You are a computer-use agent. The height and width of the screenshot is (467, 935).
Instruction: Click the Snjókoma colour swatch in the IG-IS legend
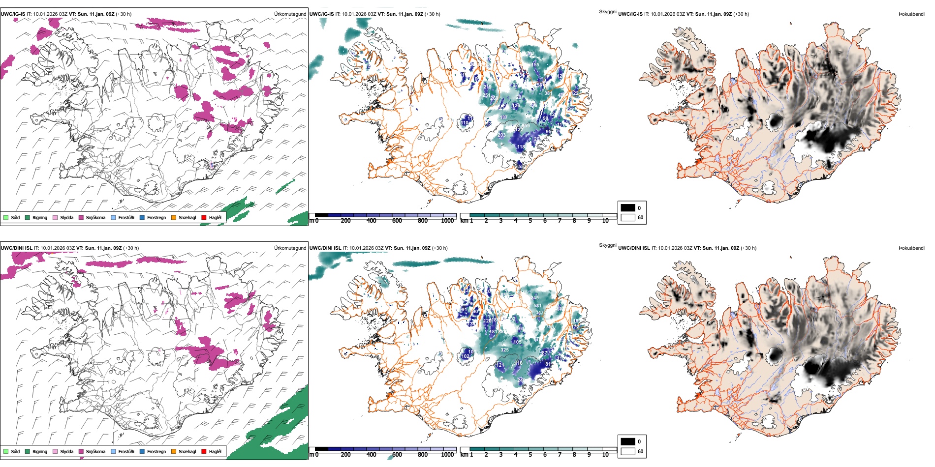pos(81,217)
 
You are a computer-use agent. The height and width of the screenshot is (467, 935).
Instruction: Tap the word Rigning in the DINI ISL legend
pos(40,451)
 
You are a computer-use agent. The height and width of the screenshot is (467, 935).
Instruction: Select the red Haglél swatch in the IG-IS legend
pos(204,217)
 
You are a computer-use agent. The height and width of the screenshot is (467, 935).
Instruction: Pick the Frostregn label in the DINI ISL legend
pos(156,451)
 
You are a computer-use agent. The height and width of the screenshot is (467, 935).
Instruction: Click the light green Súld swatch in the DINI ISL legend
pos(6,451)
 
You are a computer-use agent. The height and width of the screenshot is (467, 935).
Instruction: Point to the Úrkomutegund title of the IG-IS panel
pos(290,14)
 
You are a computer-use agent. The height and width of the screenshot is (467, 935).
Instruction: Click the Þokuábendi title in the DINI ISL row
pos(911,248)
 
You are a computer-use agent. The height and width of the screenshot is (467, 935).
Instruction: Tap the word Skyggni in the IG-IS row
pos(607,11)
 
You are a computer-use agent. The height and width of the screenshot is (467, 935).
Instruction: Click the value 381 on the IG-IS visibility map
pos(548,93)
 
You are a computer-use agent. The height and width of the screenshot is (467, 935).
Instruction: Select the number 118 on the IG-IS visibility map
pos(521,146)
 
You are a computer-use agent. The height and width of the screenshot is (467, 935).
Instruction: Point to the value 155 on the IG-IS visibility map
pos(535,64)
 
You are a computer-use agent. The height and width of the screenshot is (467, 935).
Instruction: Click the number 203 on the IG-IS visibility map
pos(501,135)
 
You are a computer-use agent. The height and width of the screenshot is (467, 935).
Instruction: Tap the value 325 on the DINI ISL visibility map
pos(504,350)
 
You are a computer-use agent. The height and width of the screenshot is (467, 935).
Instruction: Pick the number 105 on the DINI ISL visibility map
pos(517,342)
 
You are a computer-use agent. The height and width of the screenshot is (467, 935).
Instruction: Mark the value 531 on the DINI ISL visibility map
pos(537,306)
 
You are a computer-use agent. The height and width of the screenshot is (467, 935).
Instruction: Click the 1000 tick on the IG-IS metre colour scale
pos(447,221)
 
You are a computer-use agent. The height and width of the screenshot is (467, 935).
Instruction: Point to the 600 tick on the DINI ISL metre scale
pos(397,455)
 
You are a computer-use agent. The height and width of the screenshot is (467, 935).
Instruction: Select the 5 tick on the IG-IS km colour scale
pos(530,221)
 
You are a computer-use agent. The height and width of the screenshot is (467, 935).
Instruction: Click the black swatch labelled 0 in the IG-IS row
pos(628,208)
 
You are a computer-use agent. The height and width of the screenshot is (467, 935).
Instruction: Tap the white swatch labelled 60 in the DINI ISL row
pos(628,451)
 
